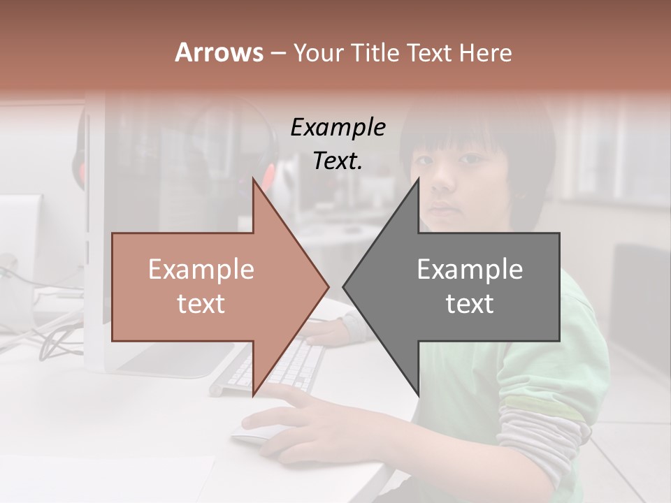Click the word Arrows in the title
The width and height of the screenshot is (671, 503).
pos(219,52)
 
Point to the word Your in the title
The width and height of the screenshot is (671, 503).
pos(318,52)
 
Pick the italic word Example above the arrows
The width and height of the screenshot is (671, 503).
pos(338,128)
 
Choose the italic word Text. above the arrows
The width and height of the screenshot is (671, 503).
pos(338,161)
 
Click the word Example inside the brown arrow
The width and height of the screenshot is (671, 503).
pos(201,270)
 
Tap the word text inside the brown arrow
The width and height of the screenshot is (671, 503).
pos(201,304)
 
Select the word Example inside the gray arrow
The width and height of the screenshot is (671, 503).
pos(470,270)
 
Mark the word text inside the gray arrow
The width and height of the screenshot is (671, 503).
pos(470,304)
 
